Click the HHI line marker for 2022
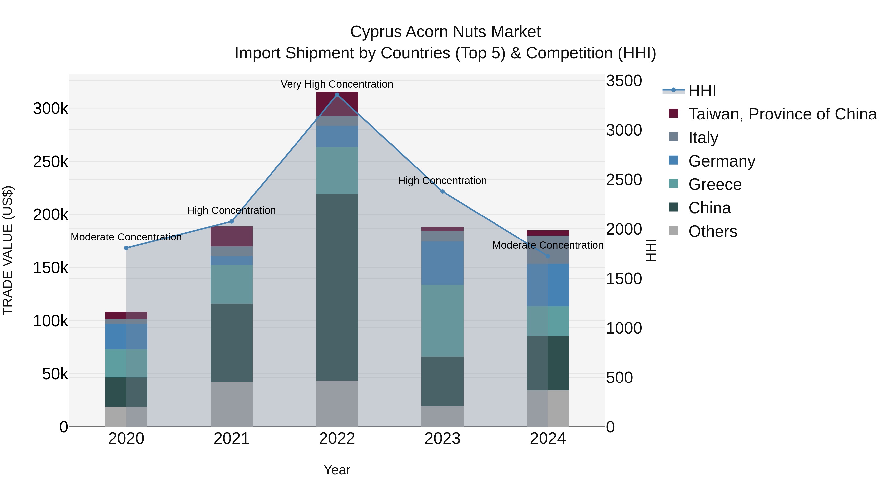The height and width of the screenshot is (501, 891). click(337, 95)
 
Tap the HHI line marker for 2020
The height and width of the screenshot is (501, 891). click(126, 248)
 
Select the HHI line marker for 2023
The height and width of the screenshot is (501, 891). click(442, 191)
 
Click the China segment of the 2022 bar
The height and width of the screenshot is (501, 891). click(337, 287)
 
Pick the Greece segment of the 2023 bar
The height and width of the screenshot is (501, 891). click(442, 320)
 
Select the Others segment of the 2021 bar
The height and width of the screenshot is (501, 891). click(231, 404)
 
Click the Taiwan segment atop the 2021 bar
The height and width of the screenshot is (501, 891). click(231, 237)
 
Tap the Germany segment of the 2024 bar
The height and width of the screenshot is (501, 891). click(548, 285)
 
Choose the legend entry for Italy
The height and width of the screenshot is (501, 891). click(703, 138)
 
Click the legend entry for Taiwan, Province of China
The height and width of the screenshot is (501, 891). click(782, 114)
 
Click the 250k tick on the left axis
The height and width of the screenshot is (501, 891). click(50, 162)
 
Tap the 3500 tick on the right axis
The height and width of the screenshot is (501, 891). click(624, 81)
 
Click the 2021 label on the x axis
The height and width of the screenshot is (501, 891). click(231, 439)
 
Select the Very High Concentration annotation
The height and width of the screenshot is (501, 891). click(337, 84)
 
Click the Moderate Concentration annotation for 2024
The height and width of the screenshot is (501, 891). click(548, 245)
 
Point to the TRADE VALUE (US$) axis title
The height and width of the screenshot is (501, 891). click(8, 250)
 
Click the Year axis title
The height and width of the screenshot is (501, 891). click(337, 470)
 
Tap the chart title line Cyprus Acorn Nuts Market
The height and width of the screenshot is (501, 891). click(445, 32)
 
